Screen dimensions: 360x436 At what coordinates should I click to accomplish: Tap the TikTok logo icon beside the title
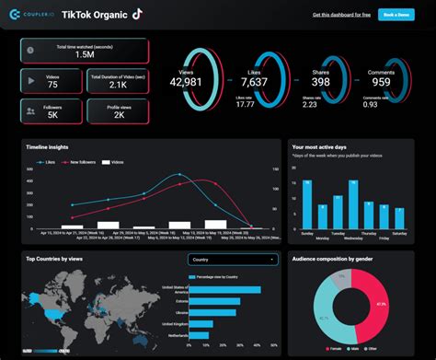pos(137,14)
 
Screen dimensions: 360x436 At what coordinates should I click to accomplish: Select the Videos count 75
pos(53,85)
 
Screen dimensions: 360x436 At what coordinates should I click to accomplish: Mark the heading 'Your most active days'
pos(318,146)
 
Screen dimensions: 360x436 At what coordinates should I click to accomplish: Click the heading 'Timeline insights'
pos(45,146)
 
